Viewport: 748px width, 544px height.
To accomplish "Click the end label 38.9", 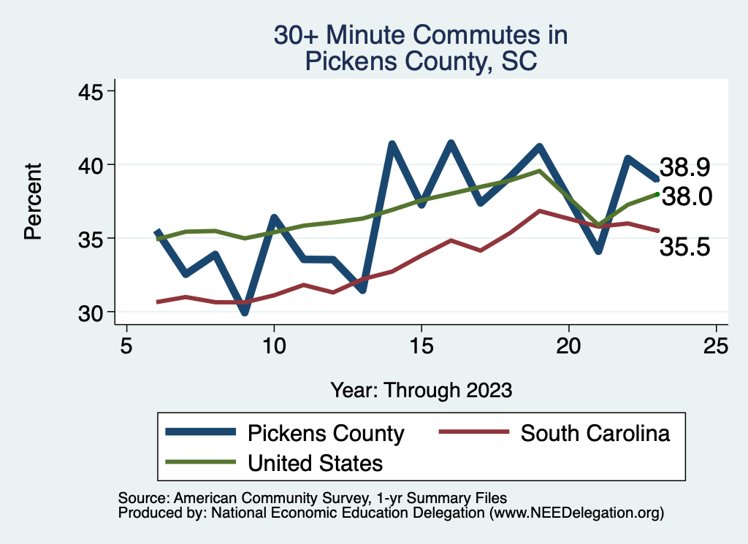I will [684, 167].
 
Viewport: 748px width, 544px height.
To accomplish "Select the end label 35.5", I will [684, 248].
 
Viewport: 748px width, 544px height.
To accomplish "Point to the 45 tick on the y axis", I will [93, 91].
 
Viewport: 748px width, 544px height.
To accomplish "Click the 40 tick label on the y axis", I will [93, 165].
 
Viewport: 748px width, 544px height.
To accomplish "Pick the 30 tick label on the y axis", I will [93, 313].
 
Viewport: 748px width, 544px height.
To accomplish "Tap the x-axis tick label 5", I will [126, 345].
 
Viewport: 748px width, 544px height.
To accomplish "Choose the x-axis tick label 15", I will [421, 345].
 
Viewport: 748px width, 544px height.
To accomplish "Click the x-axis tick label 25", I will [716, 345].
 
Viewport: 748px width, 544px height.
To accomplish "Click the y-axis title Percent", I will [32, 202].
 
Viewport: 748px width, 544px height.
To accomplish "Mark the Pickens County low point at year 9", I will [244, 313].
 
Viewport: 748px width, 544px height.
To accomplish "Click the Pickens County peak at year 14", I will [392, 145].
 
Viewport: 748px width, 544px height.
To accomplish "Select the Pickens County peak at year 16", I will [451, 143].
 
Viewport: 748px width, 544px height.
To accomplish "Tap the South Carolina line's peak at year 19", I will [539, 211].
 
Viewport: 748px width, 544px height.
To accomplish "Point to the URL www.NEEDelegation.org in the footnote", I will [577, 513].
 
